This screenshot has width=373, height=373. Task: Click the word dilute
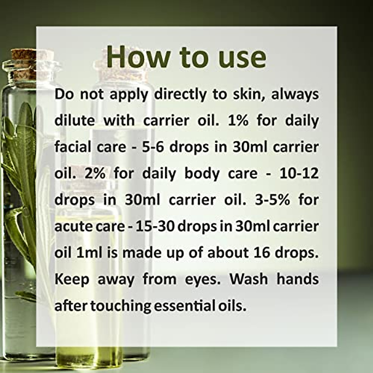click(74, 121)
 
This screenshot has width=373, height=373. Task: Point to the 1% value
click(238, 121)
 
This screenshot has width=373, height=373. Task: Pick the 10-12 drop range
click(299, 173)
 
